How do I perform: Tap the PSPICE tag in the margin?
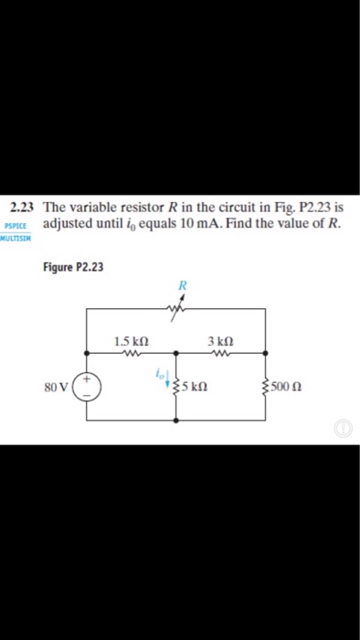[16, 226]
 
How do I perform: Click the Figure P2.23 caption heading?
[73, 267]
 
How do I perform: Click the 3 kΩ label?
[219, 342]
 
